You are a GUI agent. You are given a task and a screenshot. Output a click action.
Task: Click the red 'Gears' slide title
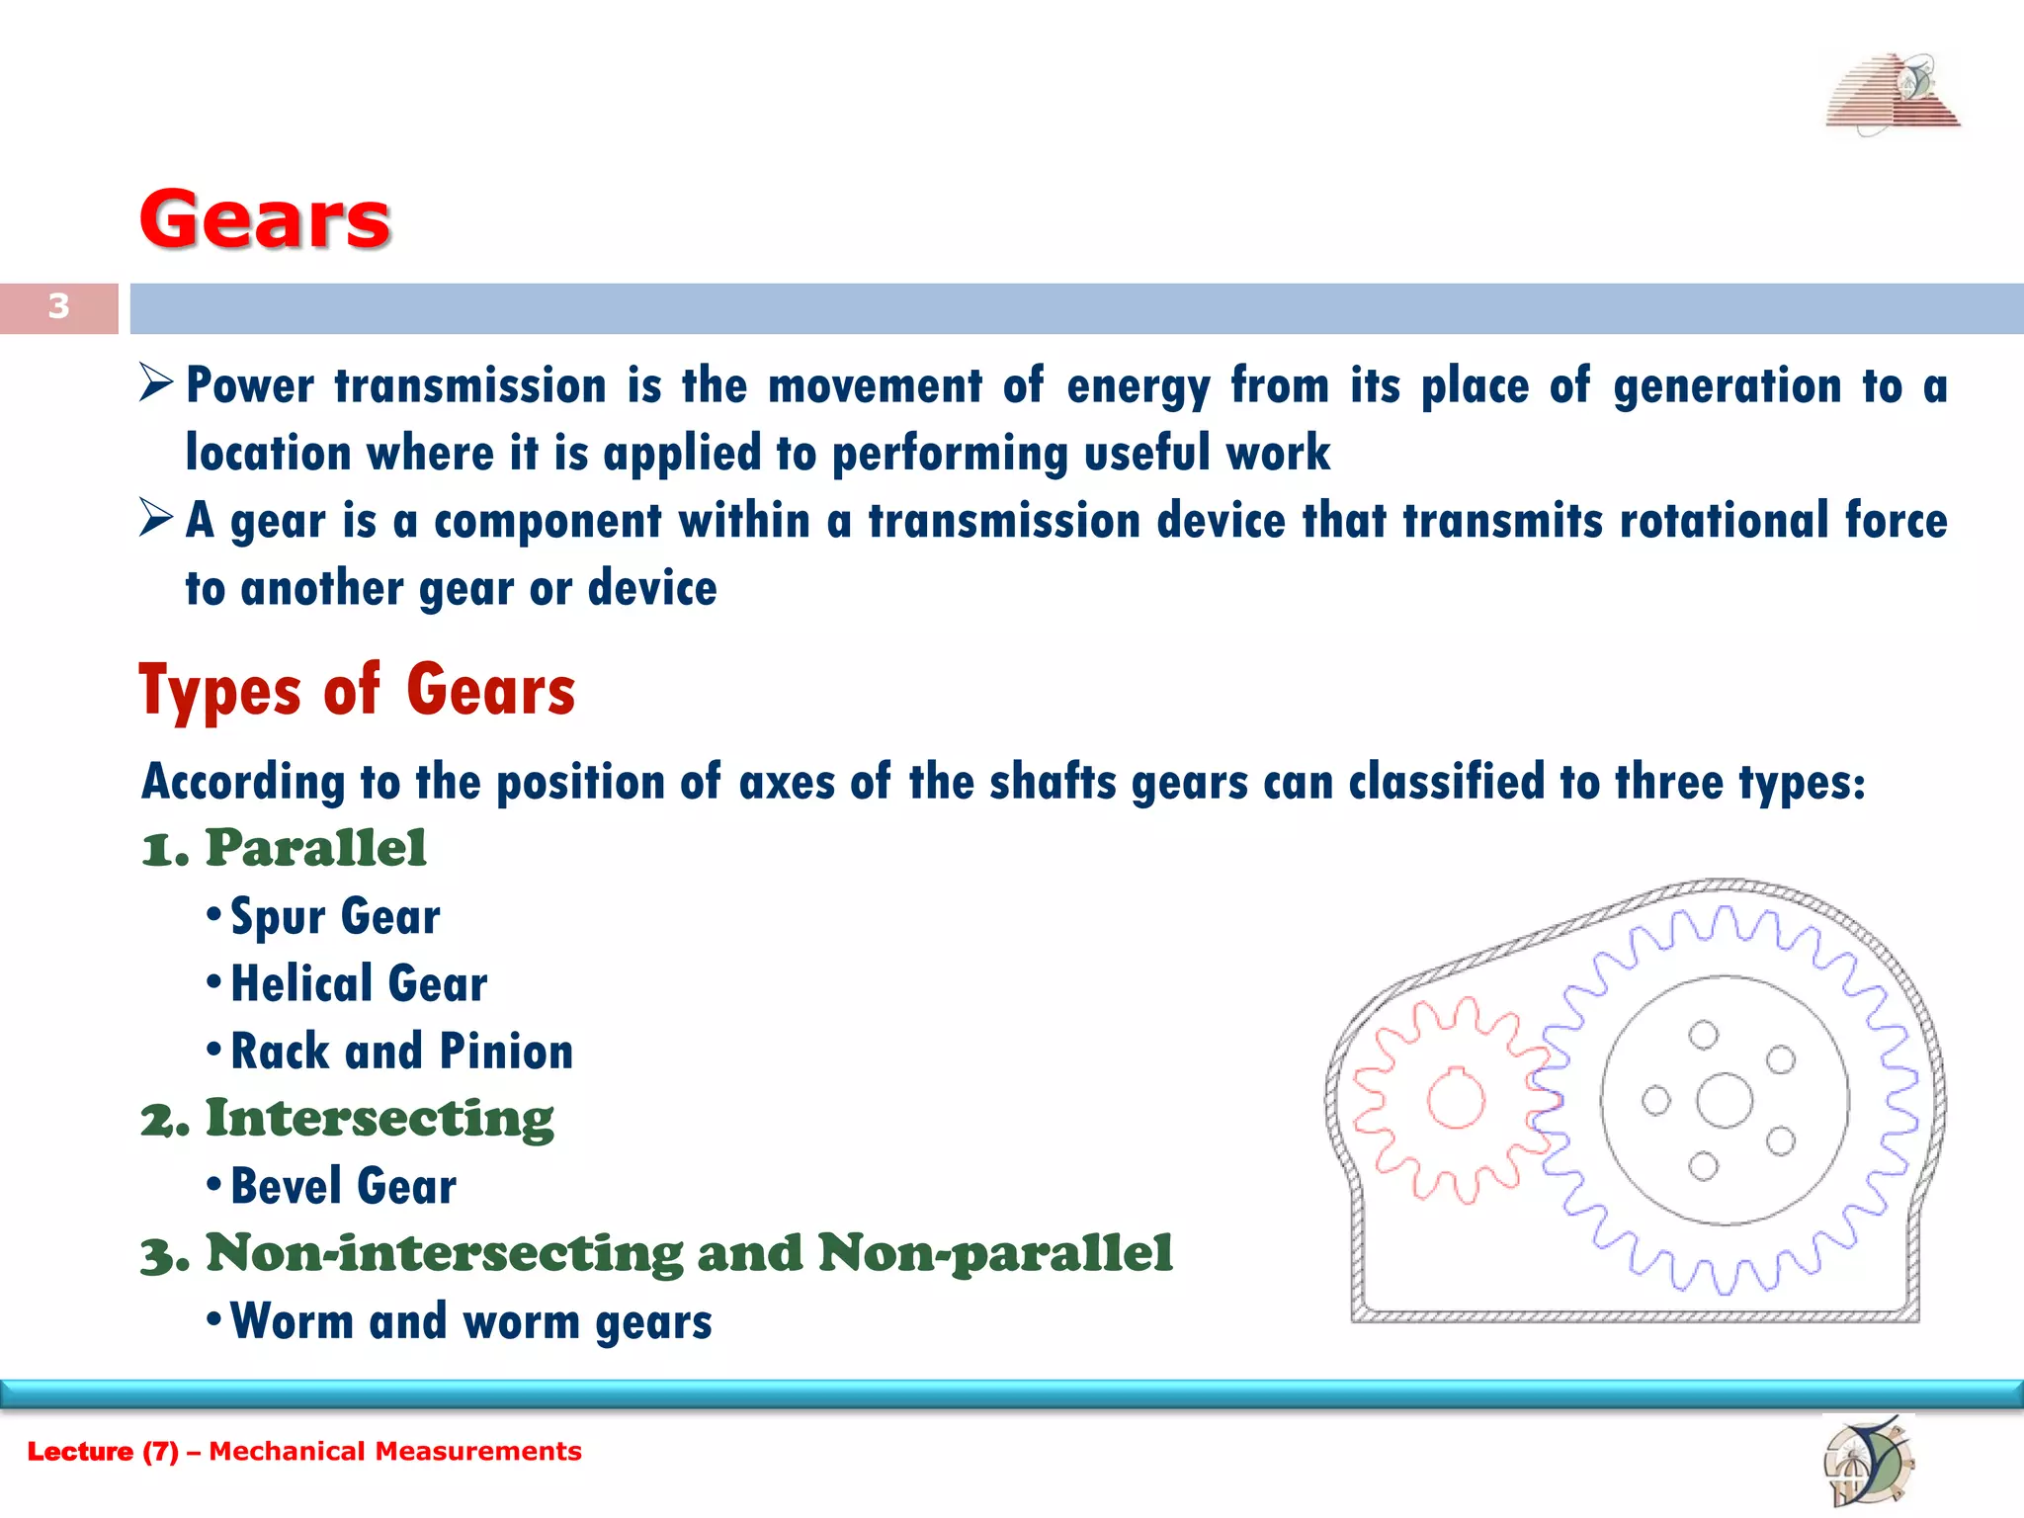(x=265, y=219)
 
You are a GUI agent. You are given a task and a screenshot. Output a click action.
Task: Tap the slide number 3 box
(x=59, y=307)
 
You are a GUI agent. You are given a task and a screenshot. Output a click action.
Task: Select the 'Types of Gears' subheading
(x=357, y=690)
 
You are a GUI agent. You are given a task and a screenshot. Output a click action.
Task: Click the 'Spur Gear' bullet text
(x=335, y=916)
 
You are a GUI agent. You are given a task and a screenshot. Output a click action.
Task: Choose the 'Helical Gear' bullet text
(x=359, y=984)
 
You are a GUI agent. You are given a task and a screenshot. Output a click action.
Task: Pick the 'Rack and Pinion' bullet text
(x=401, y=1052)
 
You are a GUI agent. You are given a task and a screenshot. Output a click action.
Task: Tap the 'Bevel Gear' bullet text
(x=343, y=1186)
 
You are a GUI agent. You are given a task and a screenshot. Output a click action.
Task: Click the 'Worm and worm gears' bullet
(x=470, y=1321)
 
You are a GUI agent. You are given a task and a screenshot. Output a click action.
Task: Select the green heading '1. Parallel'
(x=285, y=848)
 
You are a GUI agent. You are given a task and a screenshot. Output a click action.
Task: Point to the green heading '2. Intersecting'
(x=348, y=1119)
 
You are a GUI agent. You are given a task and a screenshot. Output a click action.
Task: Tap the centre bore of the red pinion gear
(x=1456, y=1099)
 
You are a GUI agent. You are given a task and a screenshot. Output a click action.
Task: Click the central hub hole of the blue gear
(x=1725, y=1100)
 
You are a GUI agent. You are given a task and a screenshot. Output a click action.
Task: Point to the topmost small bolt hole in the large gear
(x=1703, y=1035)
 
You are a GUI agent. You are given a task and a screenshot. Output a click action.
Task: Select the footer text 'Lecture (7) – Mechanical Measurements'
(x=304, y=1451)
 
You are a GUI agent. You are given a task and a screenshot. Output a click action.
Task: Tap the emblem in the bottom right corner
(x=1867, y=1461)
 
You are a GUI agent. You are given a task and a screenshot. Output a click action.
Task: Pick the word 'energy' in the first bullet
(x=1138, y=385)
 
